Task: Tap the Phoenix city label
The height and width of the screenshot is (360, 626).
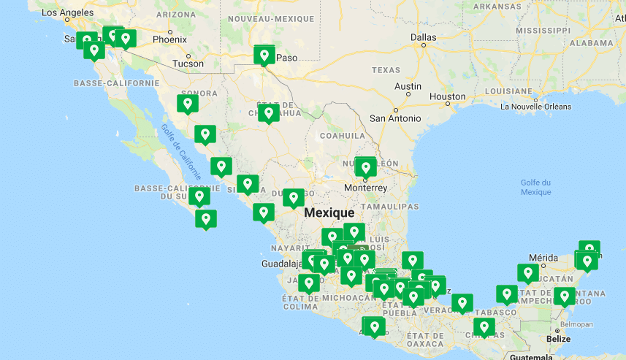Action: click(x=169, y=39)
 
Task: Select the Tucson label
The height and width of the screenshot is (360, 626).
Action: click(x=188, y=64)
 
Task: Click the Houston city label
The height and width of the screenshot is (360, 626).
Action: click(x=447, y=96)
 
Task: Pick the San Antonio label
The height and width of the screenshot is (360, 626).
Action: click(x=395, y=118)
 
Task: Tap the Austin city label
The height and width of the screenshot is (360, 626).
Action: click(x=408, y=86)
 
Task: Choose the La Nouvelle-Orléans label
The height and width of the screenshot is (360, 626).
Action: click(x=536, y=107)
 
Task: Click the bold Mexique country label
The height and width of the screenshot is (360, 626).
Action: click(x=329, y=212)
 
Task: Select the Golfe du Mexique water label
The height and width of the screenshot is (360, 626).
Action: click(x=536, y=187)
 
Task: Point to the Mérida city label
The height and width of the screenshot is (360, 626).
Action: click(x=543, y=258)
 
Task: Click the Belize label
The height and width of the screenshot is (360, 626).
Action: click(x=559, y=339)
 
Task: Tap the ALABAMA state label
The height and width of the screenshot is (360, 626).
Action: click(x=592, y=43)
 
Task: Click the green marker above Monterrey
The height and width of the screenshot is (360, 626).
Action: click(x=366, y=167)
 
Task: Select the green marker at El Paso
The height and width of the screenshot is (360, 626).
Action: click(x=264, y=55)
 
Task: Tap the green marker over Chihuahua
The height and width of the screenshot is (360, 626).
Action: click(x=269, y=112)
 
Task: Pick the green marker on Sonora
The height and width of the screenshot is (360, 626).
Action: click(x=188, y=104)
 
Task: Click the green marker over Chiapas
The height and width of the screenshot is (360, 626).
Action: click(x=483, y=326)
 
